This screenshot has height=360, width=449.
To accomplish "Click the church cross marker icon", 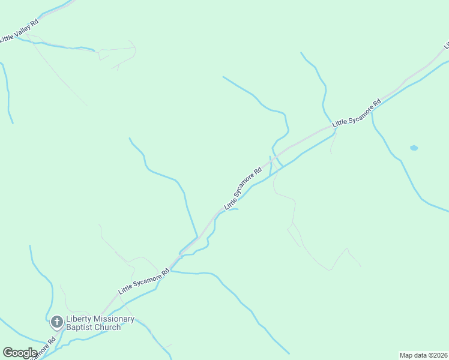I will coord(57,322).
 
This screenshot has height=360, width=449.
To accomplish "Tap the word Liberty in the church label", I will coord(79,319).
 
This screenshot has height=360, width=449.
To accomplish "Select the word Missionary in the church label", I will coord(115,319).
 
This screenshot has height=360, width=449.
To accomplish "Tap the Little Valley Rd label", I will coord(19,31).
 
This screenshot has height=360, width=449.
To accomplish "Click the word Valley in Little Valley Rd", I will coord(22,29).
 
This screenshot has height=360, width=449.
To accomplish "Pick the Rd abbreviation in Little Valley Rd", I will coord(35,21).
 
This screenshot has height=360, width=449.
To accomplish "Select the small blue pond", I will coord(414,147).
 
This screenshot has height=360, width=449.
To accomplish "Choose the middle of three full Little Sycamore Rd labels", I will coord(243,188).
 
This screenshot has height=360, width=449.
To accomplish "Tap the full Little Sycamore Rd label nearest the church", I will coord(144,280).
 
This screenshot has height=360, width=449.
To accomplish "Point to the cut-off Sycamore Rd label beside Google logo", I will coord(44,349).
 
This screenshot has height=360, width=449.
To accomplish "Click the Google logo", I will coord(20,353).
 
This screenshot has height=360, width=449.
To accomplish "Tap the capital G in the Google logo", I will coord(7,353).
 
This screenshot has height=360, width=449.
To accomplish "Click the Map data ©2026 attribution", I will coord(424,355).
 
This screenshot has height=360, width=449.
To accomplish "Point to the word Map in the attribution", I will coord(406,355).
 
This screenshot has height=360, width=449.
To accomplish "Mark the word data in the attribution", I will coord(420,355).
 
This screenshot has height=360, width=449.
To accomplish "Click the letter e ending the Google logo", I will coord(34,353).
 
